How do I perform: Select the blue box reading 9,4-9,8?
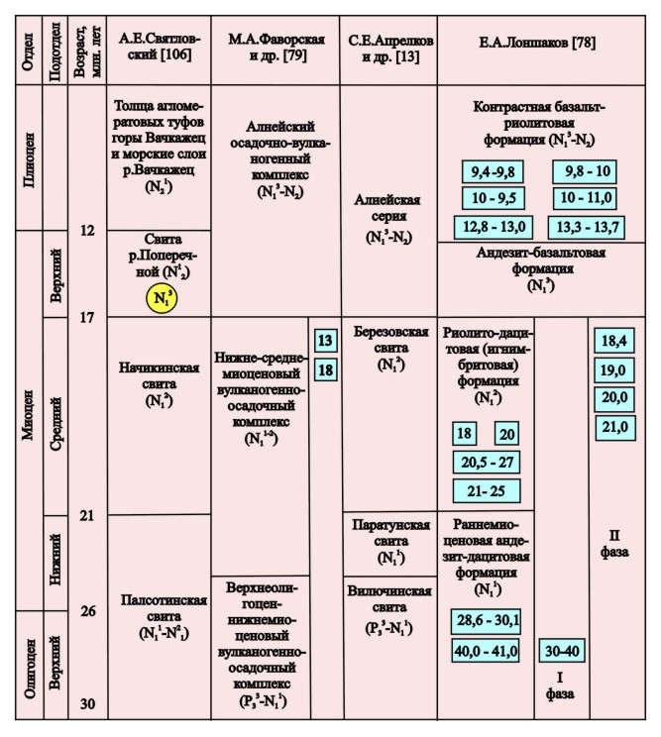pos(490,171)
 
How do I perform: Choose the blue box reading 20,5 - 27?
pos(486,463)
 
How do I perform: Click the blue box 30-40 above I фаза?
pos(560,651)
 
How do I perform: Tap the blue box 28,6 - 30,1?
pos(486,620)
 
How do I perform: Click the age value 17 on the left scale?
pos(85,318)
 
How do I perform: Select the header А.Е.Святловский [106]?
pos(159,47)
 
